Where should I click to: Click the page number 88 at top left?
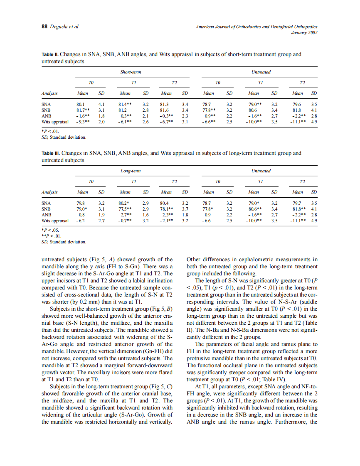[x=44, y=27]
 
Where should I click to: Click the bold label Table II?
[x=50, y=54]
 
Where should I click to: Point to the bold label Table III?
[x=51, y=153]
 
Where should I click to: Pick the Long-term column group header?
[x=131, y=171]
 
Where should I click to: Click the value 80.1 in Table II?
[x=81, y=104]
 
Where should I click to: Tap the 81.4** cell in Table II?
[x=125, y=104]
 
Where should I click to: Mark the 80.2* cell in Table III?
[x=125, y=203]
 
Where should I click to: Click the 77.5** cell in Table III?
[x=125, y=209]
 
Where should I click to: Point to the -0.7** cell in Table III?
[x=125, y=221]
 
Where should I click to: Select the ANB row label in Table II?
[x=47, y=116]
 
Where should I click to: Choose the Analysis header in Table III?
[x=50, y=192]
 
